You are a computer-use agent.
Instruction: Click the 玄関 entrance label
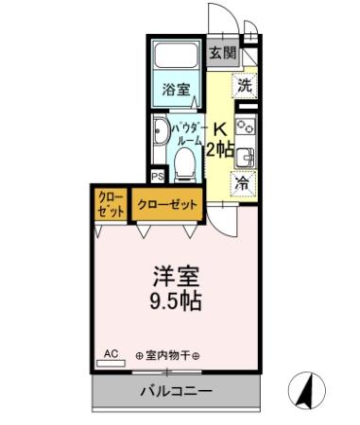coord(223,53)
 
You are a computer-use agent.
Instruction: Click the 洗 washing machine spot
coord(245,84)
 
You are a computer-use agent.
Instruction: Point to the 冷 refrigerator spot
coord(243,183)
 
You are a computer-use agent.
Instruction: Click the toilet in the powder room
coord(186,165)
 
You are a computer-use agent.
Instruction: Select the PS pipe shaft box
coord(157,176)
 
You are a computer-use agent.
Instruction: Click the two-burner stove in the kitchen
coord(245,127)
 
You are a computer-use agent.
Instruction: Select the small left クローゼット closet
coord(111,204)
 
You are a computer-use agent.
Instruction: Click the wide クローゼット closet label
coord(167,204)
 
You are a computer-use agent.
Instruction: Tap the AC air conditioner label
coord(111,354)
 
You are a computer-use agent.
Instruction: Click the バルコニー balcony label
coord(176,390)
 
